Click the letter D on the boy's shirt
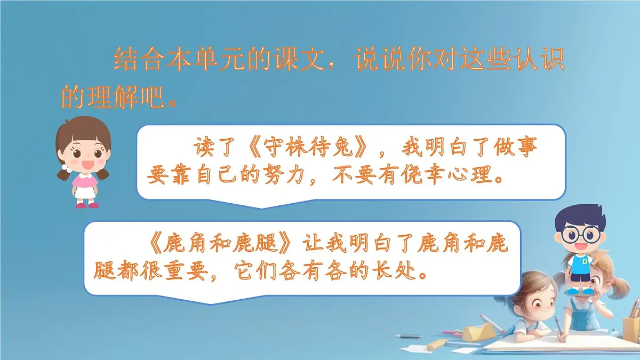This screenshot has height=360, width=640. coord(585,261)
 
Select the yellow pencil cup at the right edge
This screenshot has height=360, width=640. coord(630,327)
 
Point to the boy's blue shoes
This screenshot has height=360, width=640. coord(580,291)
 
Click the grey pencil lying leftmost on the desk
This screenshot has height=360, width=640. coord(409,336)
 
